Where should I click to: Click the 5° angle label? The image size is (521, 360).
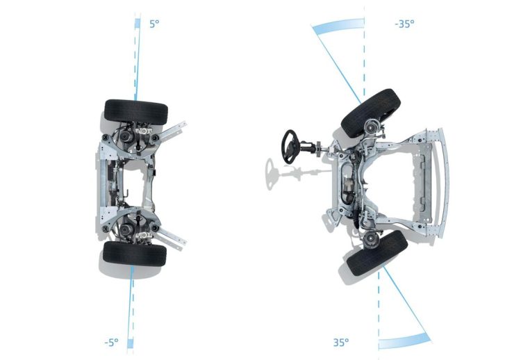pos(154,24)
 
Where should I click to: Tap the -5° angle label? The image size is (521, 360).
pos(111,342)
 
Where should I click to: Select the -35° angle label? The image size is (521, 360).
pos(404,24)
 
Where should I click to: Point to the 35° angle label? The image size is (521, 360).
pos(341,342)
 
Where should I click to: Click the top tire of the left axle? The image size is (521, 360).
pos(136,112)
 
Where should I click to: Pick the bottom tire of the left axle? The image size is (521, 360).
pos(135,253)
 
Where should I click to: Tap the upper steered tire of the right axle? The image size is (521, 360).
pos(371,113)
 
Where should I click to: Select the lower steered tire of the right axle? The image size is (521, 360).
pos(377,253)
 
